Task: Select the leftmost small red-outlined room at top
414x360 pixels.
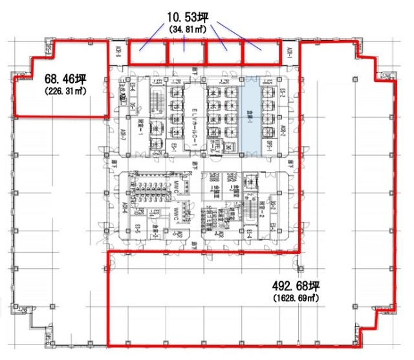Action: (x=147, y=53)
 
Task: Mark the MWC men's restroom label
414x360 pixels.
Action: (x=175, y=187)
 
